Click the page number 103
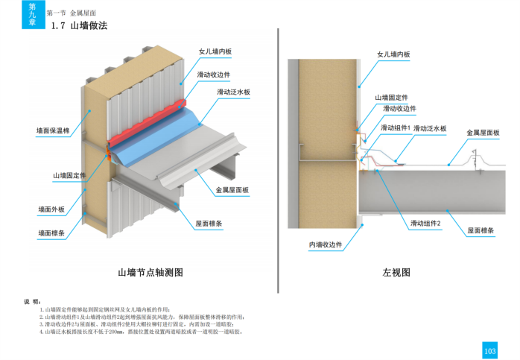(x=489, y=350)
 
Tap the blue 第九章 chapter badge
(x=33, y=14)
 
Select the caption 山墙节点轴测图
(x=150, y=273)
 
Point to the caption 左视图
(x=396, y=273)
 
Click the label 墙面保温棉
(x=53, y=131)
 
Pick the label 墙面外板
(x=51, y=209)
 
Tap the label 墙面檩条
(x=51, y=233)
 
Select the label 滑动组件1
(x=395, y=128)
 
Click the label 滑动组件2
(x=425, y=223)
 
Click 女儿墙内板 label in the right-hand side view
(x=394, y=54)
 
